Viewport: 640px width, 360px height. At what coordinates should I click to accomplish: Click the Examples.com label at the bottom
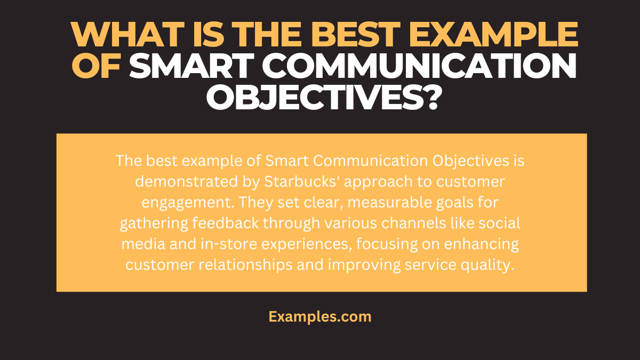tap(320, 316)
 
